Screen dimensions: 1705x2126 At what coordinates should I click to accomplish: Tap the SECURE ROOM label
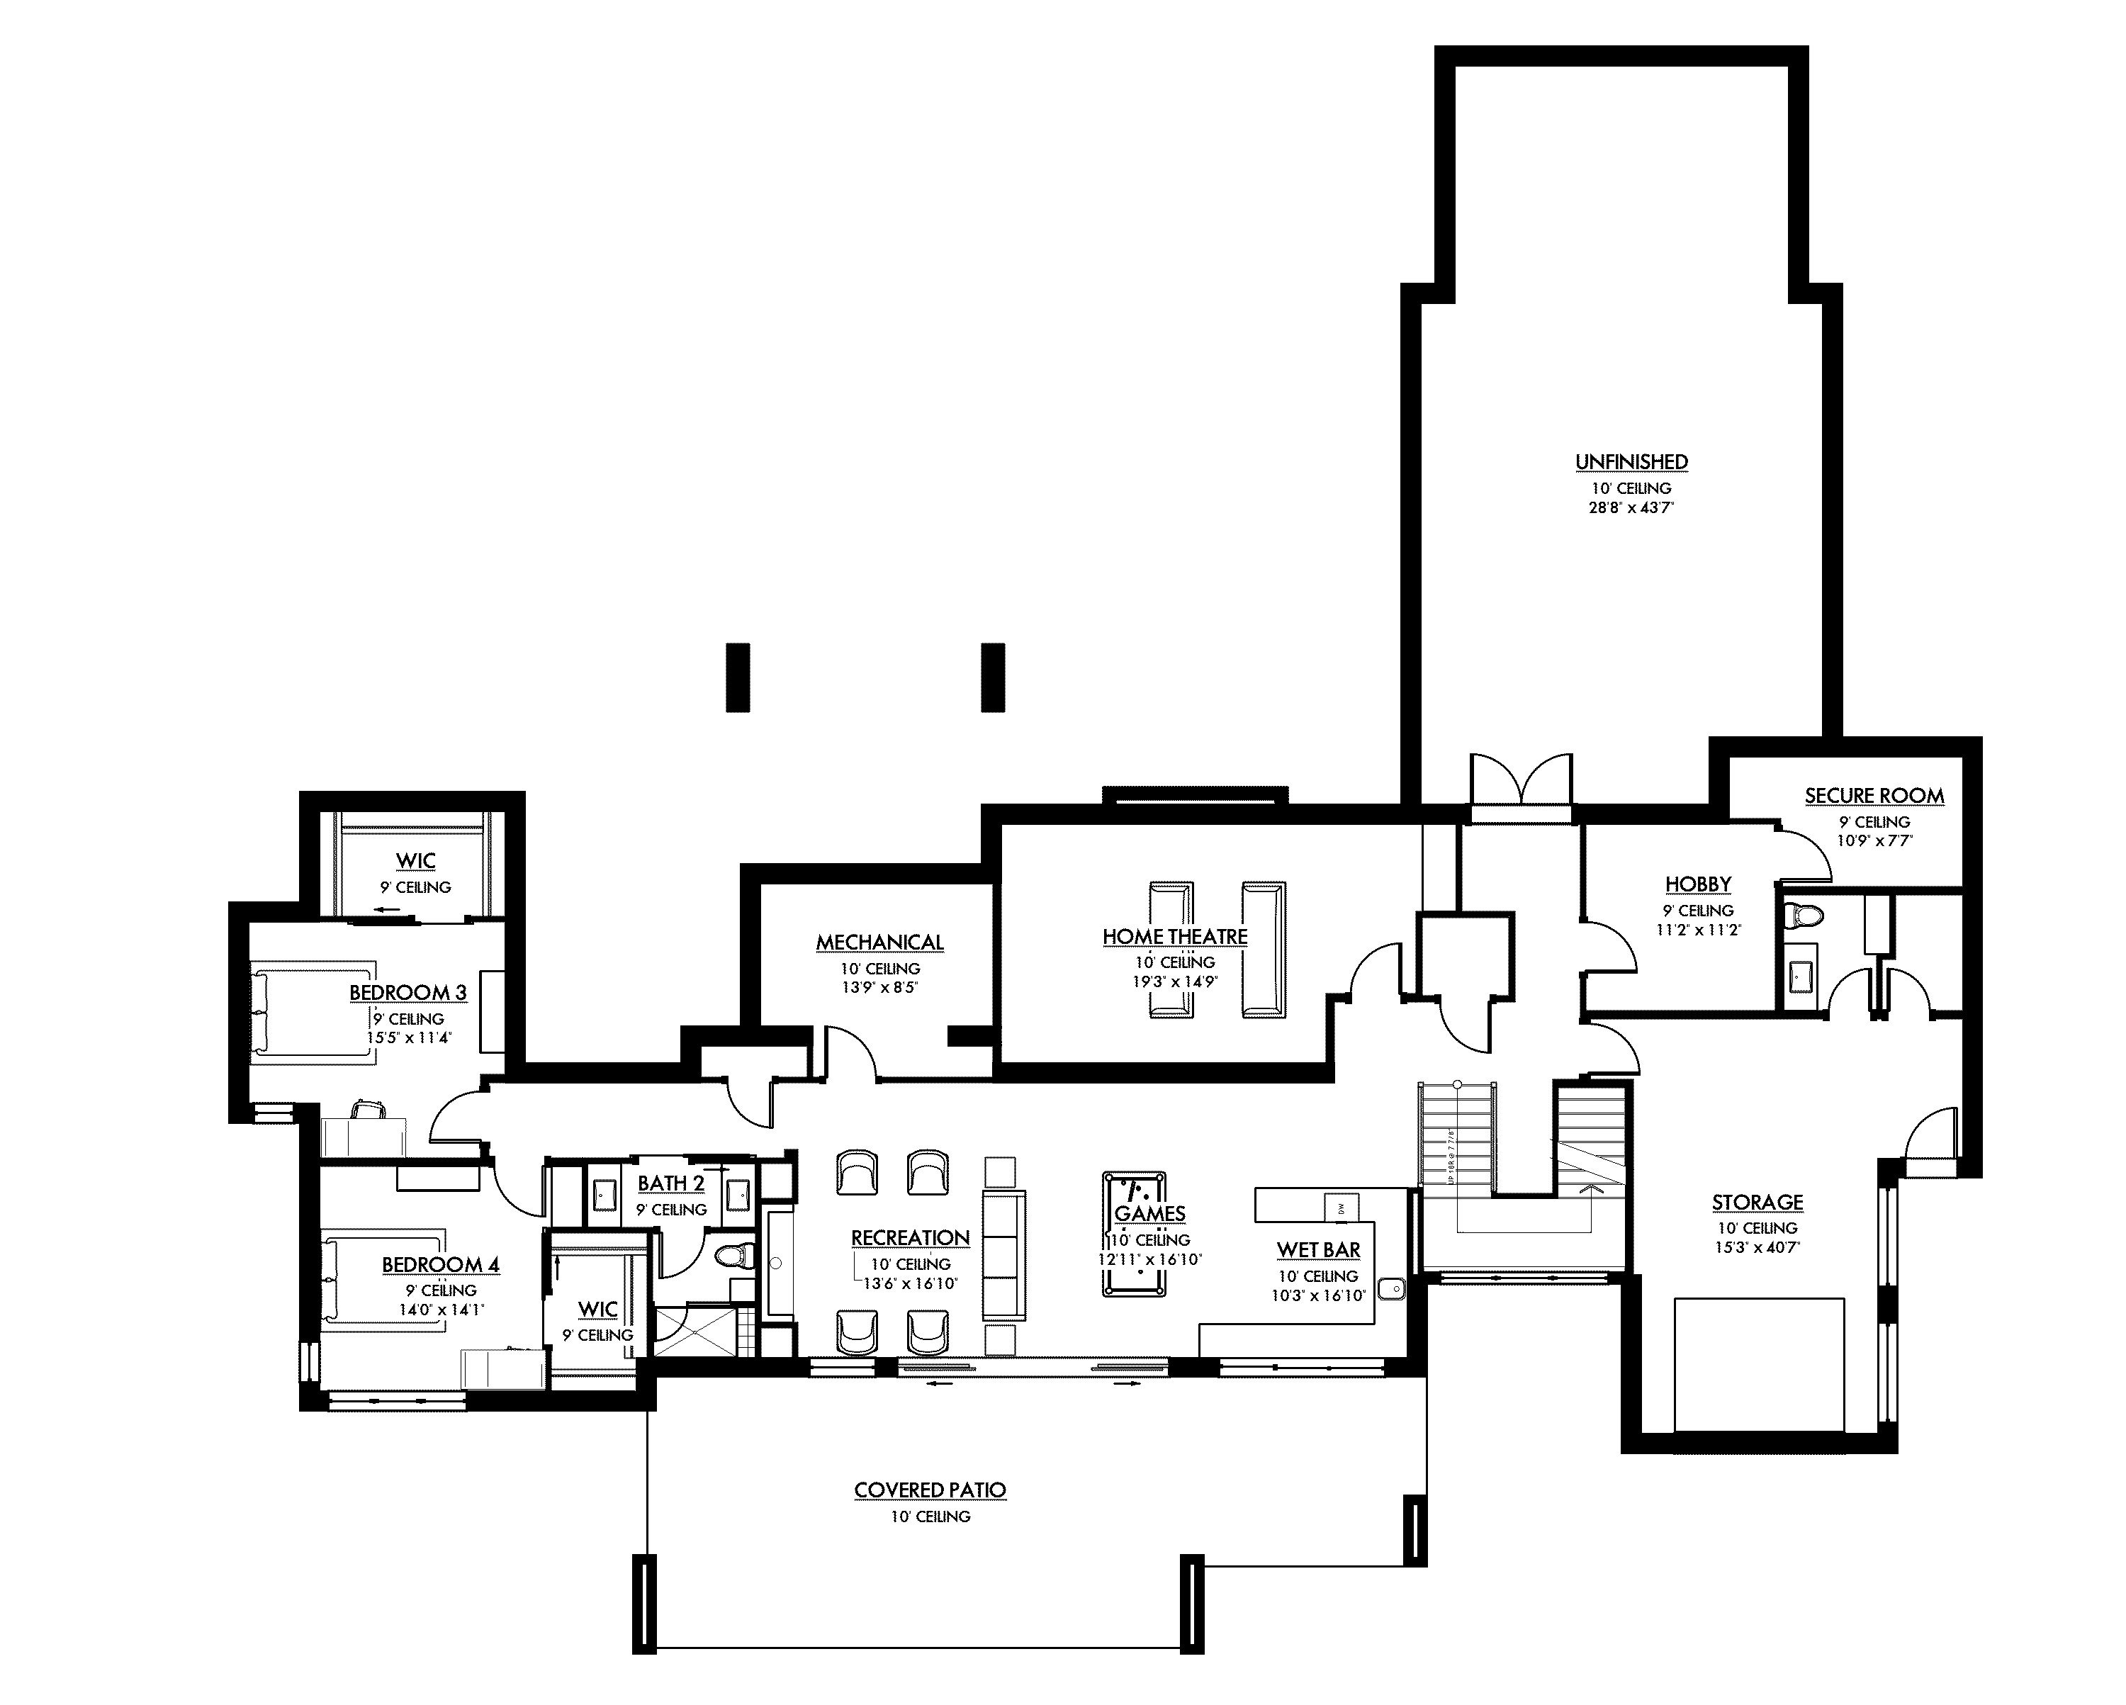coord(1874,796)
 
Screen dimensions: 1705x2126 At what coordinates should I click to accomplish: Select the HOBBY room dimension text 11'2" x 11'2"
coord(1698,929)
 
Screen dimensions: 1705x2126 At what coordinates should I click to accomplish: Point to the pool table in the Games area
coord(1133,1234)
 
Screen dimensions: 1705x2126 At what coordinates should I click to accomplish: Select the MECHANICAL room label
coord(879,942)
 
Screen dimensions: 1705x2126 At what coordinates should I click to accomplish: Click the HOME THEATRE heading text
coord(1174,937)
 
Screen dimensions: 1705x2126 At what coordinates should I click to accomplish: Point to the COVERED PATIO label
coord(930,1490)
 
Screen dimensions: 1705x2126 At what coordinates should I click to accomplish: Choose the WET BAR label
coord(1318,1249)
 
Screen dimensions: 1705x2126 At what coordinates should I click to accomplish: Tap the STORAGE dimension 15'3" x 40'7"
coord(1757,1247)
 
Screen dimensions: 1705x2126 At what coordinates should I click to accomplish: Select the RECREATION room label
coord(910,1237)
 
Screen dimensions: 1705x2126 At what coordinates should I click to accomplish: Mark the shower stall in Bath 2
coord(695,1332)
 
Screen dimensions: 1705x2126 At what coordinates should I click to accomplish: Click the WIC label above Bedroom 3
coord(415,861)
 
